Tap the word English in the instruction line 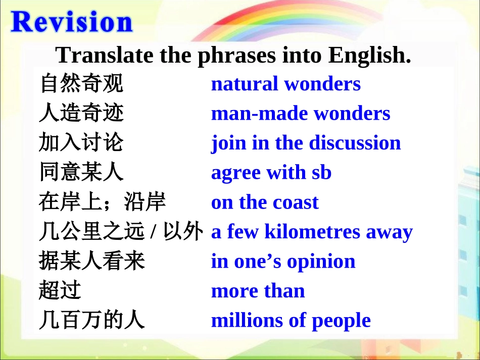[369, 55]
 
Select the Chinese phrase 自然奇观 [81, 84]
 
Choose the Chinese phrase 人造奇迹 [81, 114]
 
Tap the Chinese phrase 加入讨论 [81, 143]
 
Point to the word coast [296, 202]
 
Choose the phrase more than [258, 291]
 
